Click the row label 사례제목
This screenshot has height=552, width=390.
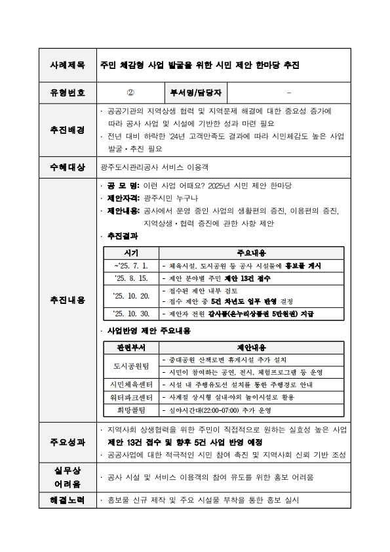click(x=68, y=66)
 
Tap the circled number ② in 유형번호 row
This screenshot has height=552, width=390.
click(x=130, y=93)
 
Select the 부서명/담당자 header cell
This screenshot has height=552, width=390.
click(x=195, y=93)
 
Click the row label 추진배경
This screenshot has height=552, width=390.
click(x=68, y=130)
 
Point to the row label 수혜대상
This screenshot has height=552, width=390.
click(x=68, y=167)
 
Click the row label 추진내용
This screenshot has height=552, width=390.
click(x=68, y=300)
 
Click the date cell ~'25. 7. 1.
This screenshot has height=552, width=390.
click(x=131, y=266)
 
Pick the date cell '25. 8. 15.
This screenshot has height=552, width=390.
click(x=131, y=278)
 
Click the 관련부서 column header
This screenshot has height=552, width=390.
click(x=131, y=347)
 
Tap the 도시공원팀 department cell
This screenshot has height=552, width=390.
click(x=131, y=366)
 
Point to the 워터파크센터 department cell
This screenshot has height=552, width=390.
click(x=131, y=397)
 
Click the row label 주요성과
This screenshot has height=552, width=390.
click(x=68, y=442)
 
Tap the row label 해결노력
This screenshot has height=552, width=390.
click(x=68, y=500)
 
